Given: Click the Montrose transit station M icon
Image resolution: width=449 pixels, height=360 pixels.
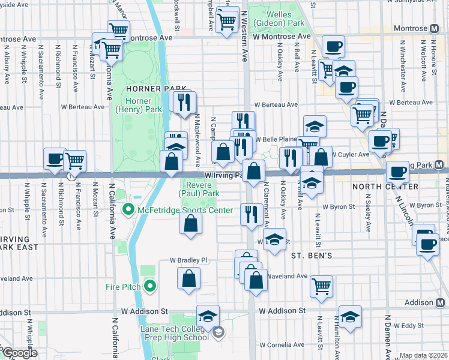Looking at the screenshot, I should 435,28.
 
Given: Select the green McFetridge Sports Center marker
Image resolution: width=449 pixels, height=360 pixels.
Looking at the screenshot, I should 127,210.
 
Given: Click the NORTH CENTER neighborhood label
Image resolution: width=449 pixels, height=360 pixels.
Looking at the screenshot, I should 384,187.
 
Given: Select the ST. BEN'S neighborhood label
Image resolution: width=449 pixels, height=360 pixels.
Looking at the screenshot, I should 312,255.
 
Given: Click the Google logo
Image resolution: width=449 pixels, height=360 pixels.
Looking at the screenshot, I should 19,353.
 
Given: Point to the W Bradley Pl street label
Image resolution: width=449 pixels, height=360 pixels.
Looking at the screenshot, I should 188,260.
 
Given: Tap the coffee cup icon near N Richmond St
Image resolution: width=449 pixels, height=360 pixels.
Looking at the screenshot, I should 55,159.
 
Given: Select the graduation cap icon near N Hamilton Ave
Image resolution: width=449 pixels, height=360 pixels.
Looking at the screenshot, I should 350,316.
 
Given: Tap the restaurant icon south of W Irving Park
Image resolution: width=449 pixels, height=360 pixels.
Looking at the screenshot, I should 250,214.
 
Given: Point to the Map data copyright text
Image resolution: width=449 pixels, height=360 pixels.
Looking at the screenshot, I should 423,355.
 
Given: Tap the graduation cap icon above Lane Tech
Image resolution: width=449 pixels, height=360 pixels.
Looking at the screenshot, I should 208,316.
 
